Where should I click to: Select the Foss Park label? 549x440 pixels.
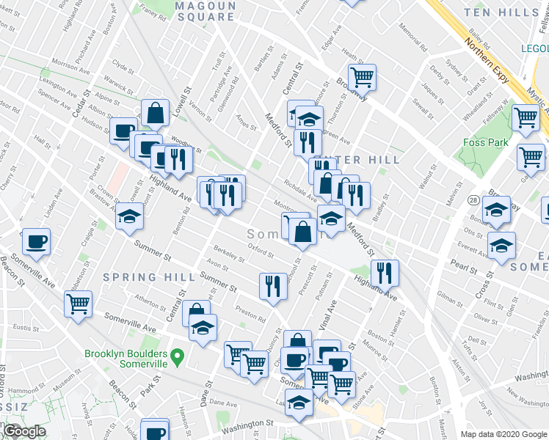point(486,142)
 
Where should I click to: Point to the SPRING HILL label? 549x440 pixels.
point(150,277)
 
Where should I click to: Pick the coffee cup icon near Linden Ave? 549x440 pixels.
point(36,240)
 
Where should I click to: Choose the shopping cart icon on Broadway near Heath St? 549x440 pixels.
point(362,75)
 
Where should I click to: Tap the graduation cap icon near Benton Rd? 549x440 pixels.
point(130,216)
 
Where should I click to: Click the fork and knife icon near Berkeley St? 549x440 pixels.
point(273,285)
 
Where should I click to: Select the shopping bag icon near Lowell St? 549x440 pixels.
point(156,113)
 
